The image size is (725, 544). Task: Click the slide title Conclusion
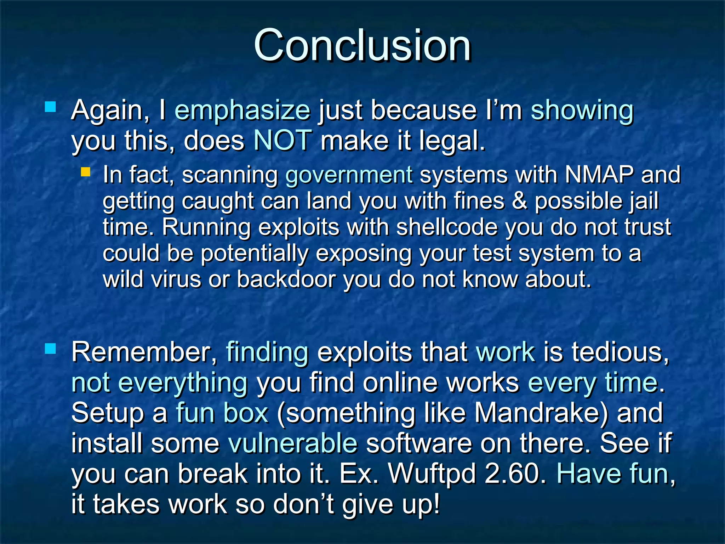362,45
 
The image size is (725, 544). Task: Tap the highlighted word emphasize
242,110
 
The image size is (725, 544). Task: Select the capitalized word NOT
283,140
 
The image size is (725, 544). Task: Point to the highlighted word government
349,175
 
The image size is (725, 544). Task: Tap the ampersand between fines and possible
519,201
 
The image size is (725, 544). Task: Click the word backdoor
286,279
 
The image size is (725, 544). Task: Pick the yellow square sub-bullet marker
86,172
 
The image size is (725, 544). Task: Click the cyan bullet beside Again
51,107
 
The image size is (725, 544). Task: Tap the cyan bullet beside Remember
51,348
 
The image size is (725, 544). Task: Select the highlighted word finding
267,352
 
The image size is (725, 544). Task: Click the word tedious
620,352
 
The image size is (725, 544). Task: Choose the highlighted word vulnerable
293,443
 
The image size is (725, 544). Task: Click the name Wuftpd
432,474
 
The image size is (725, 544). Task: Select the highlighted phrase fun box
222,413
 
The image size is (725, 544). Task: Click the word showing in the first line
582,110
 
